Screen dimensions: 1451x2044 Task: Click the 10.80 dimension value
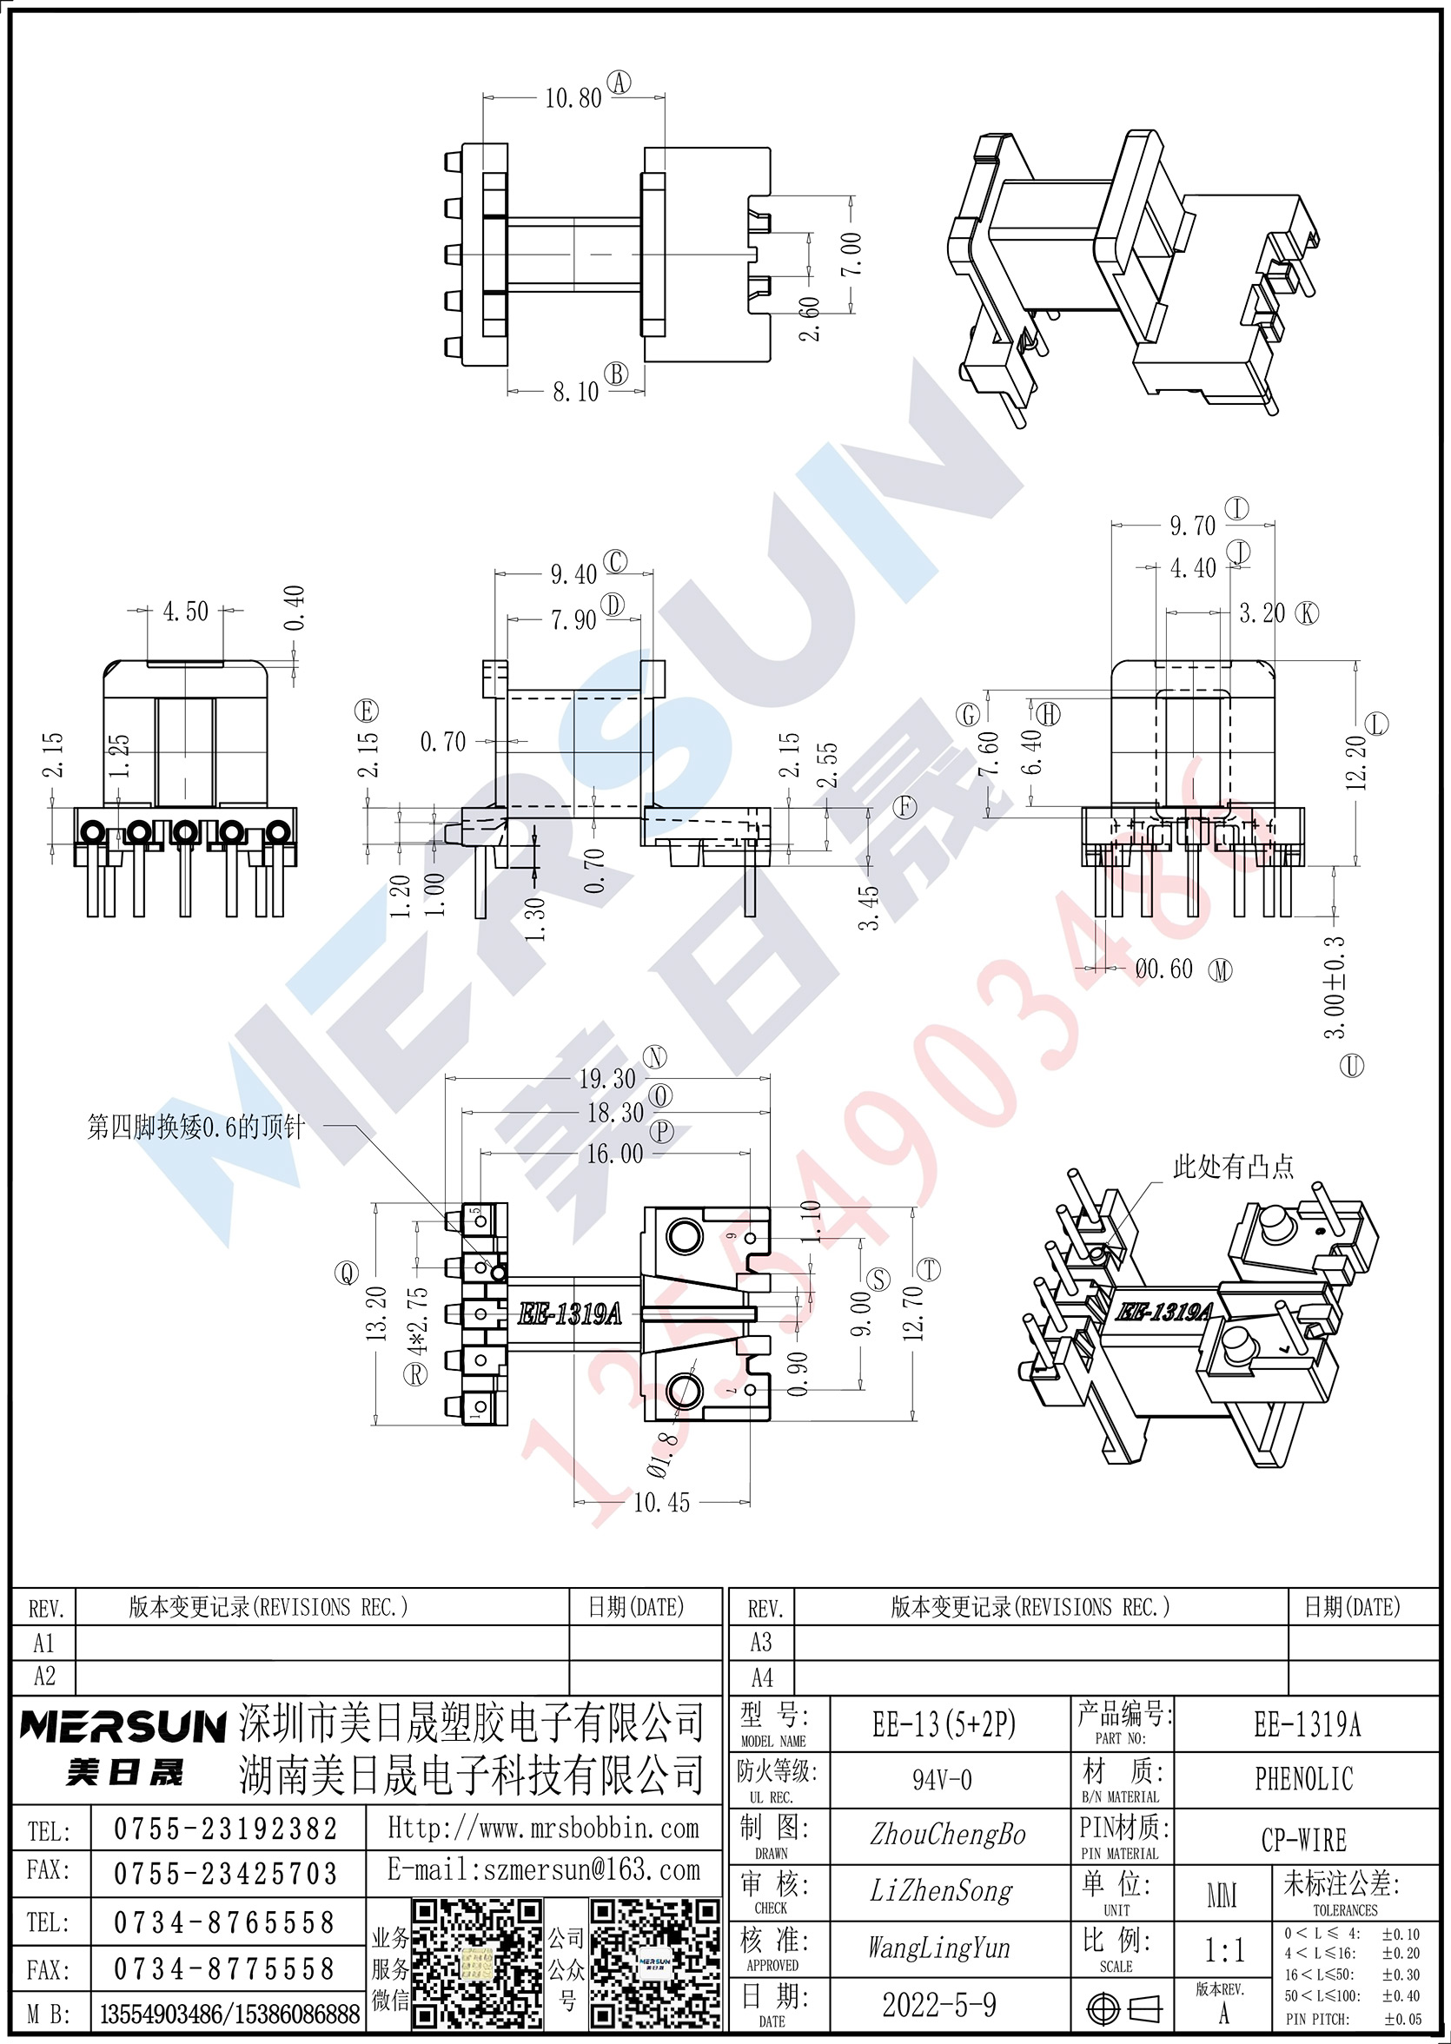pos(573,98)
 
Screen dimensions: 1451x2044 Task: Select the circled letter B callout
pos(617,374)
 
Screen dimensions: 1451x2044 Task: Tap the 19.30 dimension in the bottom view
pos(607,1079)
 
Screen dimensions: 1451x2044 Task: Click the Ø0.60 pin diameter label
pos(1163,969)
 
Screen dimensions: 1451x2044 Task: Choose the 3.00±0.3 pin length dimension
pos(1335,987)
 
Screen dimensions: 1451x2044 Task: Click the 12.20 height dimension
pos(1356,763)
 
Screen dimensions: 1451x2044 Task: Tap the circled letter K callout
pos(1307,614)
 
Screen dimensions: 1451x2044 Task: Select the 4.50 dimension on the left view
pos(186,612)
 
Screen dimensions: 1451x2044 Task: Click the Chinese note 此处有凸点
pos(1233,1167)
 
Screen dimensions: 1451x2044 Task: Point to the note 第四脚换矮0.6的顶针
pos(195,1128)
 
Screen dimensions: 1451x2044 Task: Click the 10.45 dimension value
pos(662,1503)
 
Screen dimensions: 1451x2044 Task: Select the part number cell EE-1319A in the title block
pos(1307,1725)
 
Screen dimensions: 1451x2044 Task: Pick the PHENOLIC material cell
pos(1303,1779)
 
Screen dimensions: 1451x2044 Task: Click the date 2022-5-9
pos(939,2006)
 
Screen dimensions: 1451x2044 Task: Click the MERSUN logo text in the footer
pos(123,1726)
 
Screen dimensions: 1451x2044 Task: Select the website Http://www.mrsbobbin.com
pos(543,1829)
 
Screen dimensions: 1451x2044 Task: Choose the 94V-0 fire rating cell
pos(942,1780)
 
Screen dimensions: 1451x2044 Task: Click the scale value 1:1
pos(1224,1950)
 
